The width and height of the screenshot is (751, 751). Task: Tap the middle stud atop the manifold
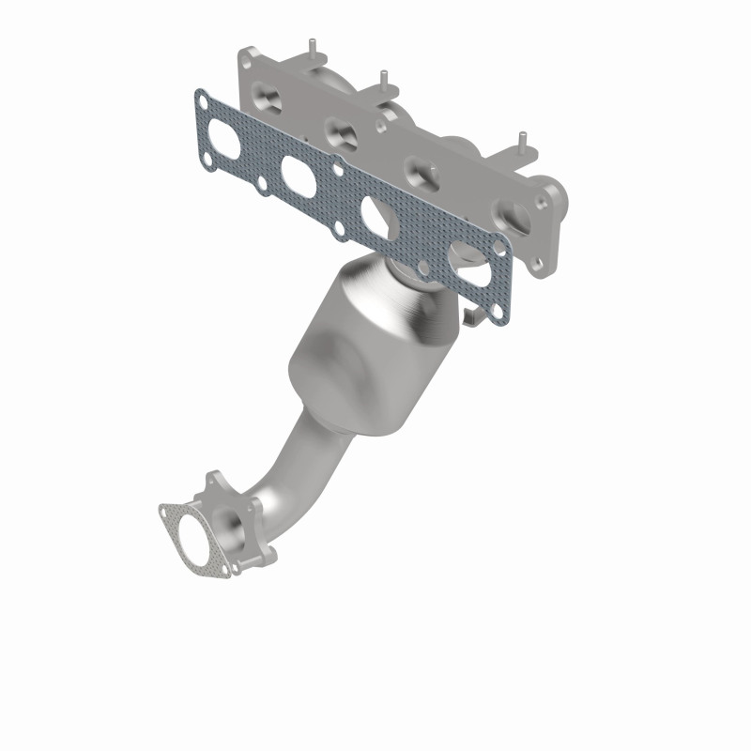coord(380,77)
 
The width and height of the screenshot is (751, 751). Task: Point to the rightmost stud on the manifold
coord(519,144)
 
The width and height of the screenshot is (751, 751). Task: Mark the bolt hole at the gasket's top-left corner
coord(200,98)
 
